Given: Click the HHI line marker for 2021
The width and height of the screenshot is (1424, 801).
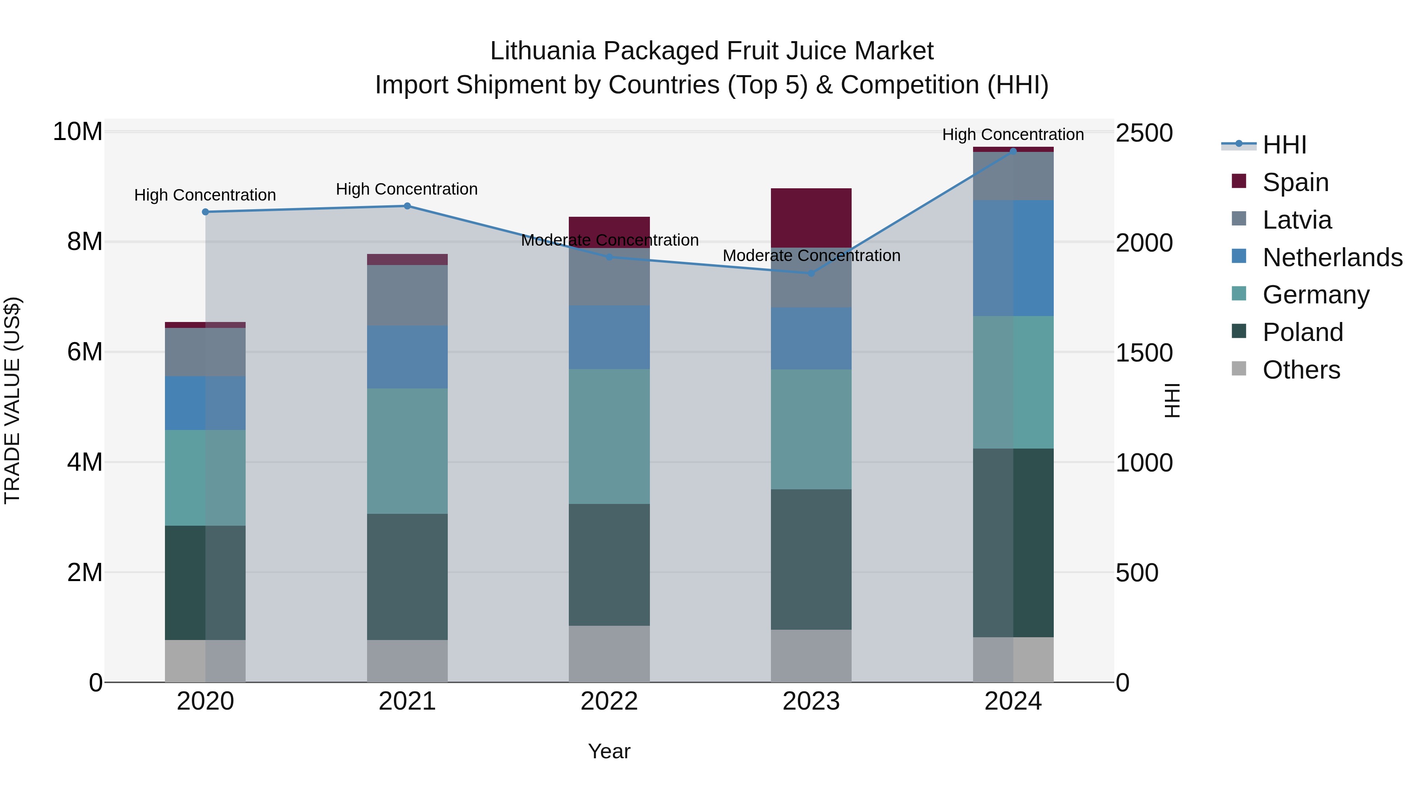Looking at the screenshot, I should tap(407, 206).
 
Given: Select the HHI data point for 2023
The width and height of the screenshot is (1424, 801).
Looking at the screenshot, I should tap(811, 273).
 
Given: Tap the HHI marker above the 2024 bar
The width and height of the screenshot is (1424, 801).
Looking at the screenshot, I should tap(1013, 151).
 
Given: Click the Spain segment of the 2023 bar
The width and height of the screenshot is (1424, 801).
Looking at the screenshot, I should tap(811, 218).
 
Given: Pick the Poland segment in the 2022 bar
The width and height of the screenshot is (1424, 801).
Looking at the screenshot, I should tap(609, 564).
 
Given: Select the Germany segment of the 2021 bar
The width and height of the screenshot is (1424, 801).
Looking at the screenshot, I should tap(407, 451).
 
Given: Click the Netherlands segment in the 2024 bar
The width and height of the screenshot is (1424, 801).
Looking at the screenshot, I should tap(1013, 258).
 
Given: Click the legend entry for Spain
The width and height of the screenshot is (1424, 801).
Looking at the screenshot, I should tap(1295, 182).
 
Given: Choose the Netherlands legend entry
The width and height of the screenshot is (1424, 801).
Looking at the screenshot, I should tap(1332, 258).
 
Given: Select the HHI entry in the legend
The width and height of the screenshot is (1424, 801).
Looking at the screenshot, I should tap(1284, 145).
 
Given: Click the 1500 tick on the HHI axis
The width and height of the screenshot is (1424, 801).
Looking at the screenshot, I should tap(1144, 353).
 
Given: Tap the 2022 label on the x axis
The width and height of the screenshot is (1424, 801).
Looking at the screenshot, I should tap(609, 701).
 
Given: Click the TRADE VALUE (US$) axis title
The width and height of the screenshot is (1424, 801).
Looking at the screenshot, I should tap(12, 400).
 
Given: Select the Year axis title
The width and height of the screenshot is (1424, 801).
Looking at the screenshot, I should tap(609, 751).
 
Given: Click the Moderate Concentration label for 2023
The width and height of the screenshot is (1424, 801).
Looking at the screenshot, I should tap(811, 256).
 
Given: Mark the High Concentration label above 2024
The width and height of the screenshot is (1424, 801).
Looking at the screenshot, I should tap(1013, 134).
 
